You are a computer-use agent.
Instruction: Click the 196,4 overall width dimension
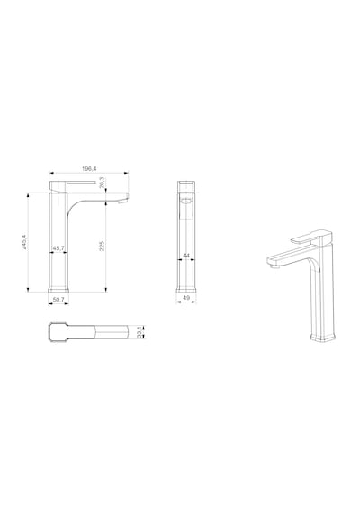pyautogui.click(x=89, y=169)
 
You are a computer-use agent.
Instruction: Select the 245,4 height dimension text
pyautogui.click(x=24, y=242)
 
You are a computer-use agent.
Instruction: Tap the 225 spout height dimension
pyautogui.click(x=102, y=246)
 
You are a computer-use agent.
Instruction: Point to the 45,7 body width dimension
pyautogui.click(x=58, y=248)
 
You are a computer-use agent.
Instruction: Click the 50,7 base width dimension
pyautogui.click(x=58, y=299)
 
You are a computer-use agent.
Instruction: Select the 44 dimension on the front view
pyautogui.click(x=186, y=256)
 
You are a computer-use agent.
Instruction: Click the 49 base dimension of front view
pyautogui.click(x=186, y=297)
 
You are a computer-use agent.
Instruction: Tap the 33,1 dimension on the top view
pyautogui.click(x=139, y=332)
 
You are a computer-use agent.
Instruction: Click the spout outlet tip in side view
pyautogui.click(x=122, y=202)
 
